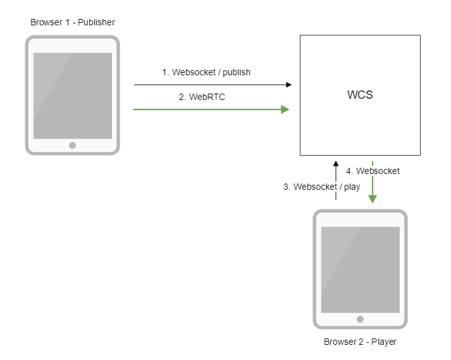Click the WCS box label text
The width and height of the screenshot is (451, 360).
pos(360,96)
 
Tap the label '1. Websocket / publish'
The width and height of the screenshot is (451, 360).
pos(206,72)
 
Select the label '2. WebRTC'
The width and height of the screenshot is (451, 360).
pos(202,97)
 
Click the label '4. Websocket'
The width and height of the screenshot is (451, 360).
pos(373,171)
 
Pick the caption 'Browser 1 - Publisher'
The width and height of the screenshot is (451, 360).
pos(73,23)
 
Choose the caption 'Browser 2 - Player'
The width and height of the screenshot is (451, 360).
pos(360,342)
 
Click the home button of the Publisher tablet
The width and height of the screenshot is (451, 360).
pos(73,145)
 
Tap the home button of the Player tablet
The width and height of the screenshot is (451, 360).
pos(361,319)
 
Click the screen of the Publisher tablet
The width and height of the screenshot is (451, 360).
pos(73,96)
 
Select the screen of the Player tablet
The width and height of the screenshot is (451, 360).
pos(361,270)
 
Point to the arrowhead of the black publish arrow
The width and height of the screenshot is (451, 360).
pos(288,84)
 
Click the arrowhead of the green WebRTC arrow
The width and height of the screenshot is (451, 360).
pos(285,109)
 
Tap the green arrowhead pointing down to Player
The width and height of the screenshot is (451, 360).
pos(373,199)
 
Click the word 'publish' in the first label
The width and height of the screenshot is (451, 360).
pos(236,72)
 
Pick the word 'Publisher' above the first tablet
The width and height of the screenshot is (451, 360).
pos(96,23)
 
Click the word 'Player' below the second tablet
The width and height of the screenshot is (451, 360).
pos(384,342)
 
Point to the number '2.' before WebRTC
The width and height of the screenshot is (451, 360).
pos(182,97)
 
